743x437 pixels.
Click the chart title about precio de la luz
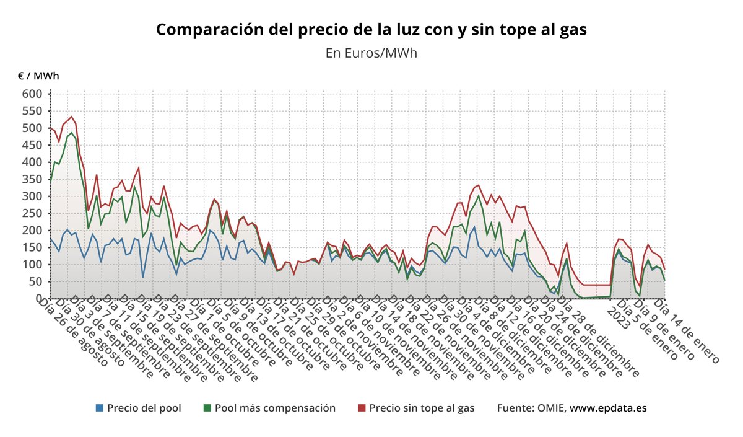371,29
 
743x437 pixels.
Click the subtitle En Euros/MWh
371,53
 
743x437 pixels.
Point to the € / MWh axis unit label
38,76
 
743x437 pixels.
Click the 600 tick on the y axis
32,94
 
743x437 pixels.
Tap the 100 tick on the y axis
32,265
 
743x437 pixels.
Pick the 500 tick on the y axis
32,128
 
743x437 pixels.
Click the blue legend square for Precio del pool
100,408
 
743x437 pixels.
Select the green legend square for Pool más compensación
207,408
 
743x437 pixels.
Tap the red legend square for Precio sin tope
362,408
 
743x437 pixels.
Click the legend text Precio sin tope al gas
422,408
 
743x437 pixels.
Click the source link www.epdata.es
608,408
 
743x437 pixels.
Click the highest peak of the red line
72,117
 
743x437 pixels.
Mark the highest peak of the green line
72,133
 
